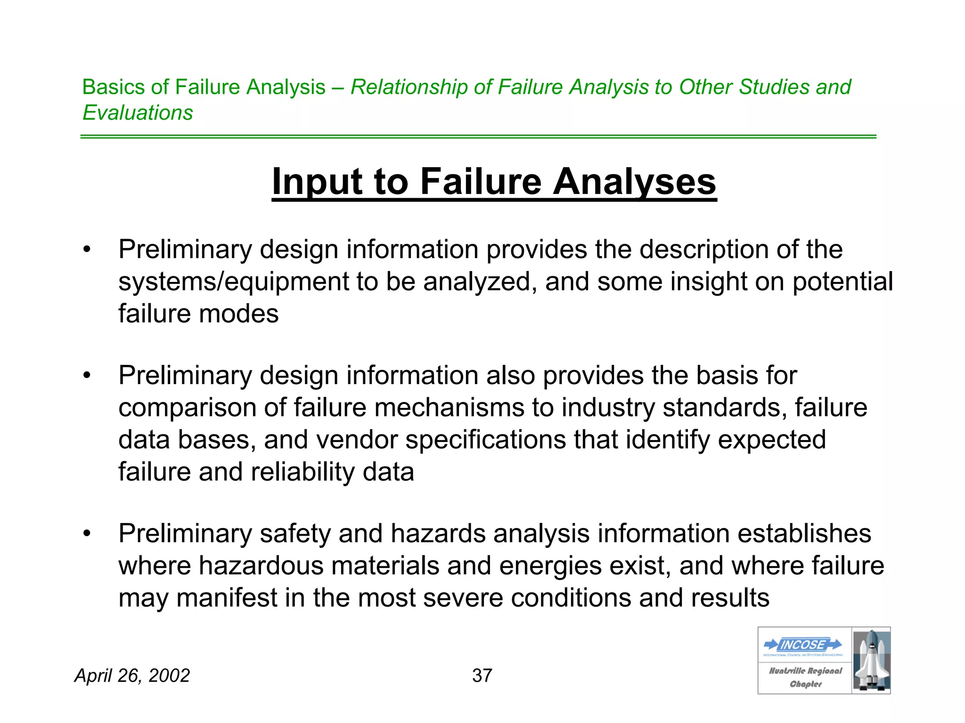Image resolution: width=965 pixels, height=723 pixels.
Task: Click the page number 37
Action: [482, 675]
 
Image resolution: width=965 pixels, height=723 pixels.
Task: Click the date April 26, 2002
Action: [132, 675]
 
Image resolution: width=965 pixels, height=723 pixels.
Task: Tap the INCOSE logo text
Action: [803, 644]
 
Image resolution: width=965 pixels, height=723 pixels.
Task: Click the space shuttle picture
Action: [871, 660]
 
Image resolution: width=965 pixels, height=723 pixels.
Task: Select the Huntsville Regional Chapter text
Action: [805, 677]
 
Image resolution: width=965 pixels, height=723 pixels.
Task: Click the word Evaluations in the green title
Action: [138, 112]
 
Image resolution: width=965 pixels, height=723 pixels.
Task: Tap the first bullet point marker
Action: [86, 249]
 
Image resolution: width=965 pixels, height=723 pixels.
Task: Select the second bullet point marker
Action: [86, 376]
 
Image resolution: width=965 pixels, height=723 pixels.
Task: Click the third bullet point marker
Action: [86, 534]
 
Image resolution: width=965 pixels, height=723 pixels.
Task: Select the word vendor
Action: [357, 440]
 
